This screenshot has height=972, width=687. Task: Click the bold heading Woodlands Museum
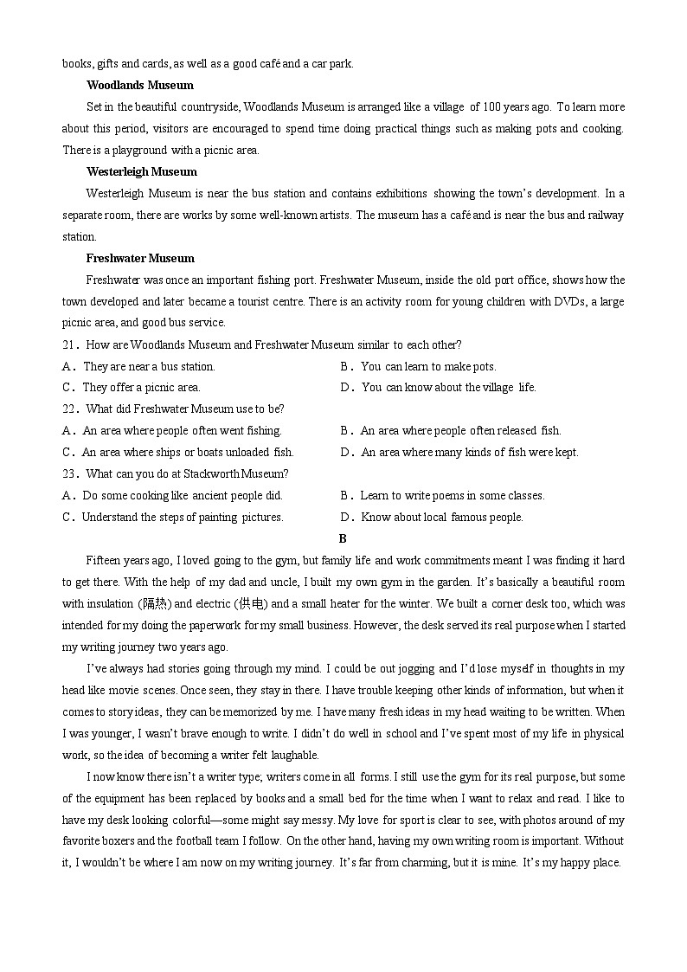click(139, 86)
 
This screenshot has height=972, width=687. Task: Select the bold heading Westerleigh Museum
click(141, 172)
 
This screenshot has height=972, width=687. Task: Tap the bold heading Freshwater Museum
click(139, 259)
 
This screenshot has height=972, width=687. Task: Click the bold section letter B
click(343, 538)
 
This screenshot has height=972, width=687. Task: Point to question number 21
click(70, 345)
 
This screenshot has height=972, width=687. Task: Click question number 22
click(70, 409)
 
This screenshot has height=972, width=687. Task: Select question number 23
click(70, 474)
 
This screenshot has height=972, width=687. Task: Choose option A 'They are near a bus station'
click(138, 367)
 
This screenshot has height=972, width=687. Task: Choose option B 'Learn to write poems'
click(442, 496)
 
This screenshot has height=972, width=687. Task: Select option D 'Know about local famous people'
click(432, 518)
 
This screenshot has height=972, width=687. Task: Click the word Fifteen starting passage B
click(105, 561)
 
